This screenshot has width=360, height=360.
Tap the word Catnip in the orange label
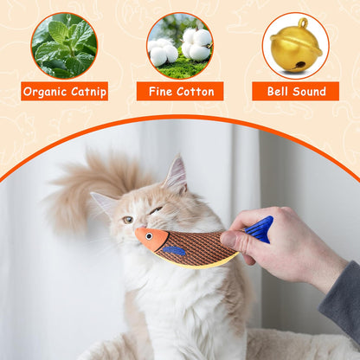point(87,91)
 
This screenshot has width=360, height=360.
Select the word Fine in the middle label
point(161,91)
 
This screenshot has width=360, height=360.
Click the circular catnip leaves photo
point(64,45)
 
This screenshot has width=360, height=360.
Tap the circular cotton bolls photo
point(179,45)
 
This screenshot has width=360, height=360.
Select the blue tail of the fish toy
point(258,228)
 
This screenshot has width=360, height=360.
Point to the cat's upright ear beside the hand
point(176,176)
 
